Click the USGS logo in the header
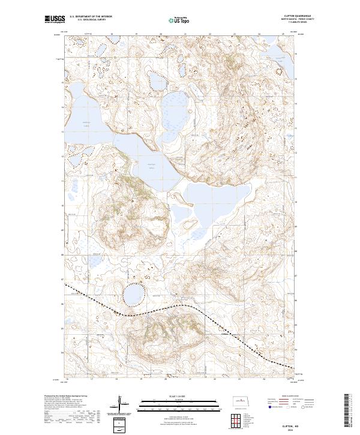point(54,20)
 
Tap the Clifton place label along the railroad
point(225,326)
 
